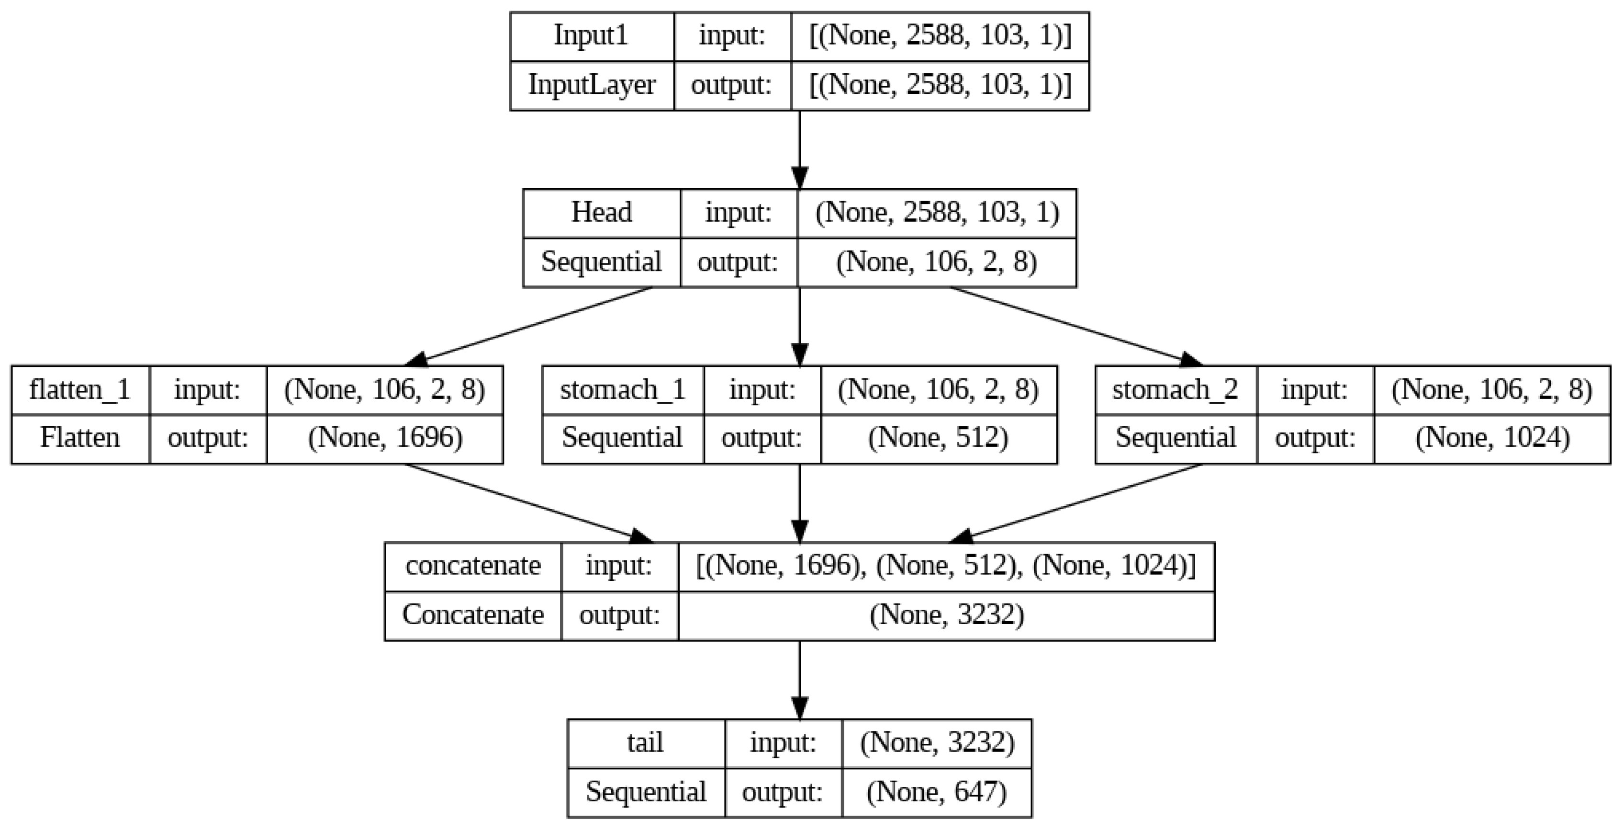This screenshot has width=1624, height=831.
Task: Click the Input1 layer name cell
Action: click(591, 36)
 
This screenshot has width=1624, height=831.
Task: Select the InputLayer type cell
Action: click(591, 85)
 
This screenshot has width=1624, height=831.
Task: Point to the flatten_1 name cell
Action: click(79, 389)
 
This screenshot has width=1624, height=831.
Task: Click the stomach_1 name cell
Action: click(622, 389)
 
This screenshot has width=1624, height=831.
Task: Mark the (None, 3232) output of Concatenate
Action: click(946, 615)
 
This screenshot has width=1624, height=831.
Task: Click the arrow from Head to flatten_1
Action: click(529, 326)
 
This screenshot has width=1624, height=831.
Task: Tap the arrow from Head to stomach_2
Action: click(1072, 326)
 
